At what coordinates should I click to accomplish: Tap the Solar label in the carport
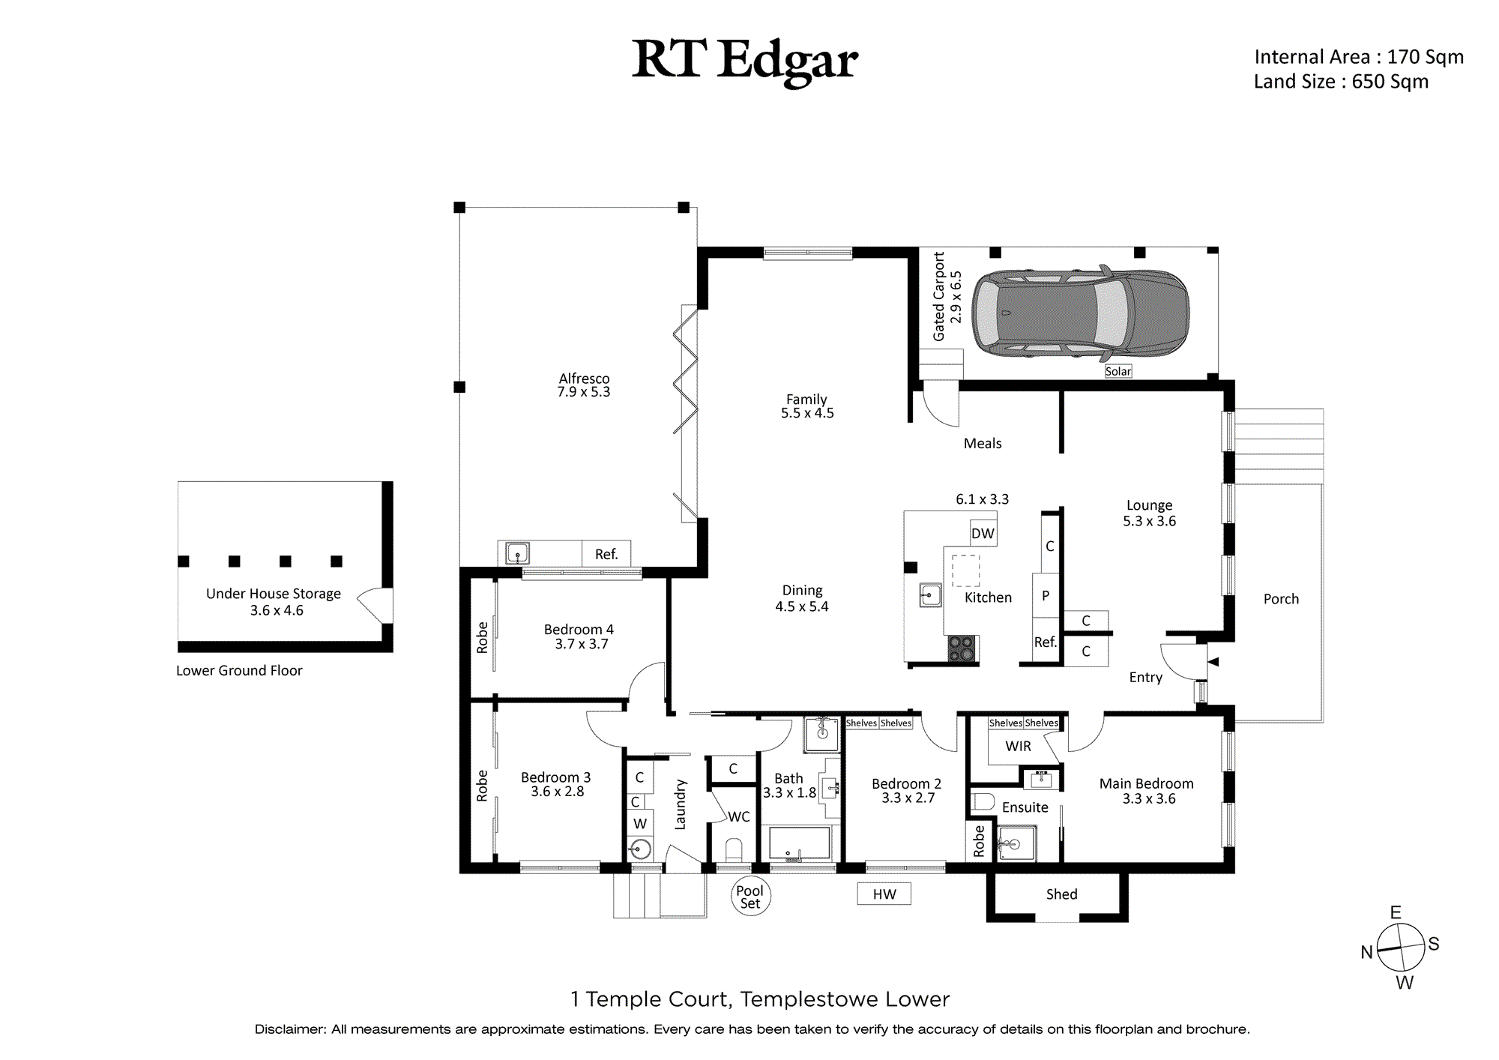click(1118, 371)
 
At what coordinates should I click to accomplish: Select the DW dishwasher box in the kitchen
click(983, 533)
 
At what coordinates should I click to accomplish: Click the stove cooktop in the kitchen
click(961, 648)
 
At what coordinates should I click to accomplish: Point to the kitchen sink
click(930, 595)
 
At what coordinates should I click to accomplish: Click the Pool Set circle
click(750, 896)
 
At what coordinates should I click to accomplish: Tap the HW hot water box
click(884, 894)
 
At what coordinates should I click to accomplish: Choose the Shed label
click(1061, 894)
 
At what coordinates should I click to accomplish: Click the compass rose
click(1400, 948)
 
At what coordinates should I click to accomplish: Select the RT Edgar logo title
click(745, 61)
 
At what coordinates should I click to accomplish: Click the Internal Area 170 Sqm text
click(1359, 57)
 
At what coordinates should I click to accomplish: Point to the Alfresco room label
click(584, 385)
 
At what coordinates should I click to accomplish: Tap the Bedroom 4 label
click(579, 636)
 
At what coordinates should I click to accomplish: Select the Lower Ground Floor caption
click(239, 670)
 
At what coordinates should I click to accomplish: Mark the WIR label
click(1018, 746)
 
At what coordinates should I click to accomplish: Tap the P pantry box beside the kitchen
click(1046, 596)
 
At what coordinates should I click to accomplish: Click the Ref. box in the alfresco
click(606, 554)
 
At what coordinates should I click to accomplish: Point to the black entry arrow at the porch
click(1213, 662)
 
